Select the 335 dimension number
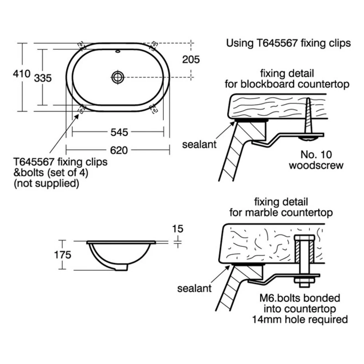(x=43, y=78)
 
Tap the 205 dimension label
(x=191, y=59)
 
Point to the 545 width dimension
(x=119, y=132)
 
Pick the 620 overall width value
(x=119, y=150)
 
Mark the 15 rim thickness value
(x=178, y=229)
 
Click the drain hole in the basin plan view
(x=118, y=77)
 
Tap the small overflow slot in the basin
(x=118, y=52)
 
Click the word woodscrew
(x=316, y=165)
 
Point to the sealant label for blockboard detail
(x=199, y=144)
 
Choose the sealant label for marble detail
(x=194, y=289)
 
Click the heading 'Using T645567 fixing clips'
(x=288, y=43)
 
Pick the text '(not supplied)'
(x=46, y=183)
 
